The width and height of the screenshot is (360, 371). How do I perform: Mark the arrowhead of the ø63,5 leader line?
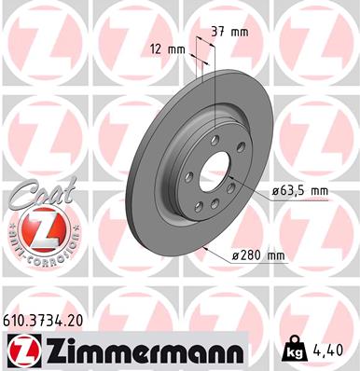[x=230, y=183]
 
